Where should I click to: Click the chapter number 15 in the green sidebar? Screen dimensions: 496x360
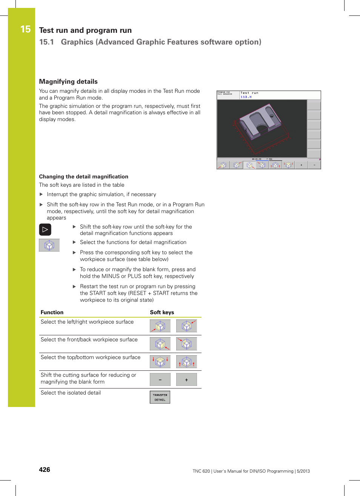(x=25, y=29)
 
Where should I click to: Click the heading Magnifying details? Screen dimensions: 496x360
(x=68, y=81)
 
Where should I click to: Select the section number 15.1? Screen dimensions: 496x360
(x=46, y=42)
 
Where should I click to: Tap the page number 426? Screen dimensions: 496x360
(x=45, y=470)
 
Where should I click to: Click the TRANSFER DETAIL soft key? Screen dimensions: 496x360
(x=160, y=397)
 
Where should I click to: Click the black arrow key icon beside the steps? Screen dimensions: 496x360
(x=45, y=229)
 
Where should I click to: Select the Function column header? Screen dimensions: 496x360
(x=52, y=312)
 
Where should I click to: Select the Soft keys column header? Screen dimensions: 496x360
(x=162, y=312)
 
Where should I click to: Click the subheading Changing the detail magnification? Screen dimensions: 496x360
(x=83, y=177)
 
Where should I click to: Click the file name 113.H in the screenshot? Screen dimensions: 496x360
(x=246, y=97)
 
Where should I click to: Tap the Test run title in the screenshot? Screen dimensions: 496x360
(x=249, y=93)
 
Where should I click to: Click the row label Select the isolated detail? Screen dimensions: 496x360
(x=71, y=393)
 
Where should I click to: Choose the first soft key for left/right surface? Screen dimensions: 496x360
(x=160, y=326)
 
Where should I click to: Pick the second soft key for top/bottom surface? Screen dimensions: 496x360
(x=186, y=362)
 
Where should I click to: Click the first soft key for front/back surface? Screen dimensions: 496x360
(x=160, y=344)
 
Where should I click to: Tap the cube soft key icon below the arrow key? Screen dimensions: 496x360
(x=49, y=245)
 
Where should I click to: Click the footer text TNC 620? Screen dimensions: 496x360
(x=201, y=471)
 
